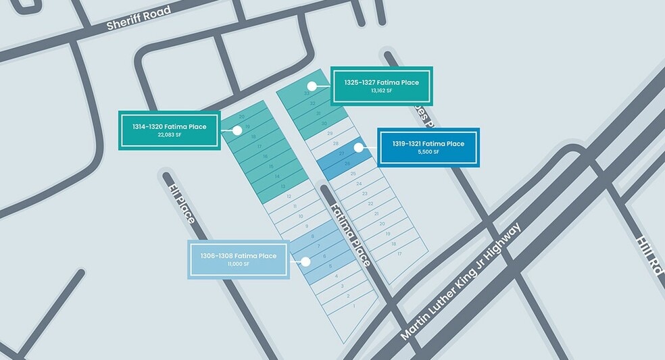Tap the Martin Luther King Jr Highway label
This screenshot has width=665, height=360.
461,282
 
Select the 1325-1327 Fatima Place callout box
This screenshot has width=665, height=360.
381,86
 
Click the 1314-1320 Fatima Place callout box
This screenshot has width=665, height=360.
169,130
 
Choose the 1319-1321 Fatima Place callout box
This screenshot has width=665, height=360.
428,147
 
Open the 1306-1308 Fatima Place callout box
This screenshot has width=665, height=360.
238,259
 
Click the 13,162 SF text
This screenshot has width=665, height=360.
381,91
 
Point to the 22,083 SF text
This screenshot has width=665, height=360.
169,135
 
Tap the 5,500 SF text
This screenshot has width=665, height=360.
428,152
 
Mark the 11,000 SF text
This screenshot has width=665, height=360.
238,264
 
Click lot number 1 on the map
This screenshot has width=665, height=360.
354,306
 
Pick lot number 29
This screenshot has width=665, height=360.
330,134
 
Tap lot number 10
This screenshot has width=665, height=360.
301,216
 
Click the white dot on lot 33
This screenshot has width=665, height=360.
312,86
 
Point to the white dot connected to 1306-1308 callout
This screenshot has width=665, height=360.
305,261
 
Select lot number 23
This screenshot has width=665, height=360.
364,193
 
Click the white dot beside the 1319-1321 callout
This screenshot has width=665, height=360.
358,147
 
